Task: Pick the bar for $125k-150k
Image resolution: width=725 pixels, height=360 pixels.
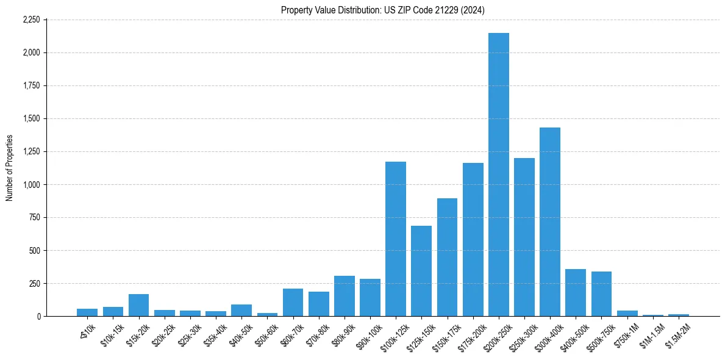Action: click(x=421, y=271)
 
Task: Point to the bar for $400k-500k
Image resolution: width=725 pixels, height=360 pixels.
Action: click(x=576, y=293)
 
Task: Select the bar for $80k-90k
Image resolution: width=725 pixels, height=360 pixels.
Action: click(x=345, y=296)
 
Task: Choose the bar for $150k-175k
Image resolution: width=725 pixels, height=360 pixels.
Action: click(x=447, y=257)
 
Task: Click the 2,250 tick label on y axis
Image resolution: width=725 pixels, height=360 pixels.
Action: click(x=31, y=20)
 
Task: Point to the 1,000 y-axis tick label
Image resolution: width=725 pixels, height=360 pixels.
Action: click(x=31, y=184)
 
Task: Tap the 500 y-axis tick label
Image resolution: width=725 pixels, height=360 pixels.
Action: click(x=34, y=250)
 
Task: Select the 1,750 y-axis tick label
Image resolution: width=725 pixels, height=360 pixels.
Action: click(x=31, y=85)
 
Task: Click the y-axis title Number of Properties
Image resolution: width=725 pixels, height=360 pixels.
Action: click(x=10, y=168)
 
